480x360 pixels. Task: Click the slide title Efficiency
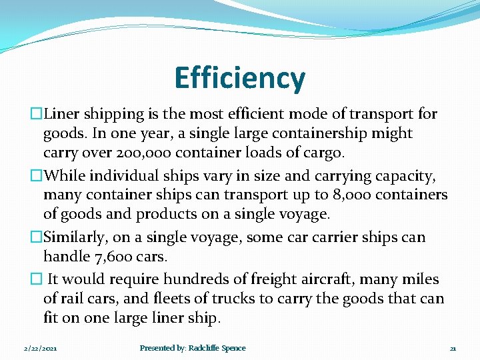pyautogui.click(x=240, y=78)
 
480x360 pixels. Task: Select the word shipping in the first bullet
pyautogui.click(x=115, y=114)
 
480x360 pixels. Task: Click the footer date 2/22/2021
pyautogui.click(x=40, y=349)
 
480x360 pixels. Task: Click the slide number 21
pyautogui.click(x=453, y=349)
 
